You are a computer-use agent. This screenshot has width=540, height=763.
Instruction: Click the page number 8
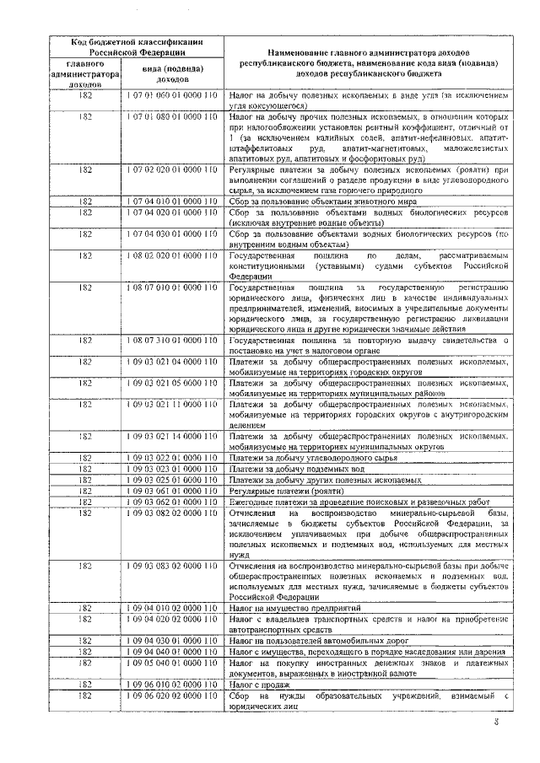497,722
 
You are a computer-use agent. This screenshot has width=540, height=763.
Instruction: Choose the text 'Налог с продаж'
259,683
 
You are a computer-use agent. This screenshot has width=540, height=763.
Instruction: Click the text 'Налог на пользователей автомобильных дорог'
321,640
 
